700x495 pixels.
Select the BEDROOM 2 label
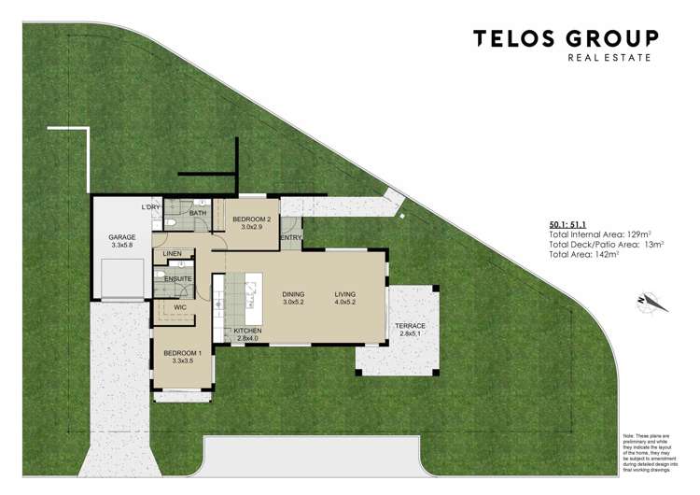[251, 219]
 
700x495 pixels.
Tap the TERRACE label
[412, 326]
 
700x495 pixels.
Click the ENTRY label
[290, 238]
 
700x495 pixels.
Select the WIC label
[180, 306]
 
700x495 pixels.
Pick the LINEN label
[173, 254]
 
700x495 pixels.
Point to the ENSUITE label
[178, 279]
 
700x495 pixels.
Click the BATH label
[198, 213]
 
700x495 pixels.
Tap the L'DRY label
[151, 206]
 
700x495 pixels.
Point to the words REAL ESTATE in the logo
[609, 58]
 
